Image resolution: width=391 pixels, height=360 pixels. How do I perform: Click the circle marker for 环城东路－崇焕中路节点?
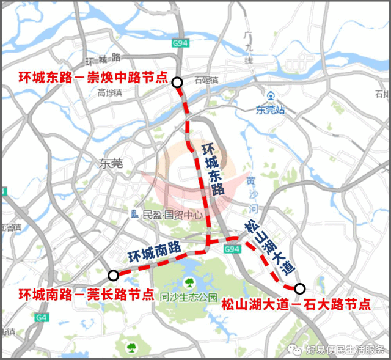[177, 83]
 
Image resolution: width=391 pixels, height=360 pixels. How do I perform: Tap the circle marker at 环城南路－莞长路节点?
[113, 274]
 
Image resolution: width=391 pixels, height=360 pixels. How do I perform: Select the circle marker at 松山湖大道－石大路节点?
[299, 288]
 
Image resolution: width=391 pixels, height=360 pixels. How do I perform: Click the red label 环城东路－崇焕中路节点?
[84, 78]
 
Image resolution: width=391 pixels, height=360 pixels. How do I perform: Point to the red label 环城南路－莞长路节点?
[86, 293]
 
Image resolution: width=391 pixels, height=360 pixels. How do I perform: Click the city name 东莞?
[111, 163]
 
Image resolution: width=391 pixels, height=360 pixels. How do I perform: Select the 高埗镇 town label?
[110, 92]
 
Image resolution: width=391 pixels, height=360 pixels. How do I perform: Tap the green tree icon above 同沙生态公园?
[189, 283]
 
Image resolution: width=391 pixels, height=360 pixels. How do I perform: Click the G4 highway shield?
[42, 317]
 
